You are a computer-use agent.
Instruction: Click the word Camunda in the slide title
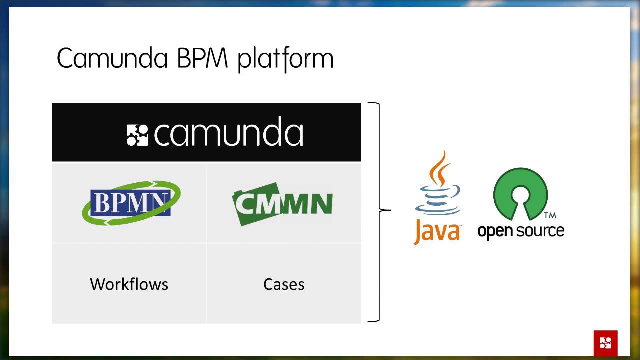coord(112,59)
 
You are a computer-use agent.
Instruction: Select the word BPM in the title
coord(202,59)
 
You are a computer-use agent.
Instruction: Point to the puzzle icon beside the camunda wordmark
coord(137,135)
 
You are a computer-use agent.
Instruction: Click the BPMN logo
coord(131,203)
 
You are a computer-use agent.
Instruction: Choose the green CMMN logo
coord(282,204)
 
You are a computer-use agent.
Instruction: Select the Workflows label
coord(129,284)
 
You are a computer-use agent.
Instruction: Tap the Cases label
coord(284,284)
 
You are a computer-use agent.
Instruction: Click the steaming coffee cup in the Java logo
coord(438,197)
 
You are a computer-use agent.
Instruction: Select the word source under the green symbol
coord(541,231)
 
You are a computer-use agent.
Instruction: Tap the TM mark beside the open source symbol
coord(550,216)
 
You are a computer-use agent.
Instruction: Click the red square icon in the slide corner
coord(605,343)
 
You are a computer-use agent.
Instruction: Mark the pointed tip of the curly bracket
coord(389,210)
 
